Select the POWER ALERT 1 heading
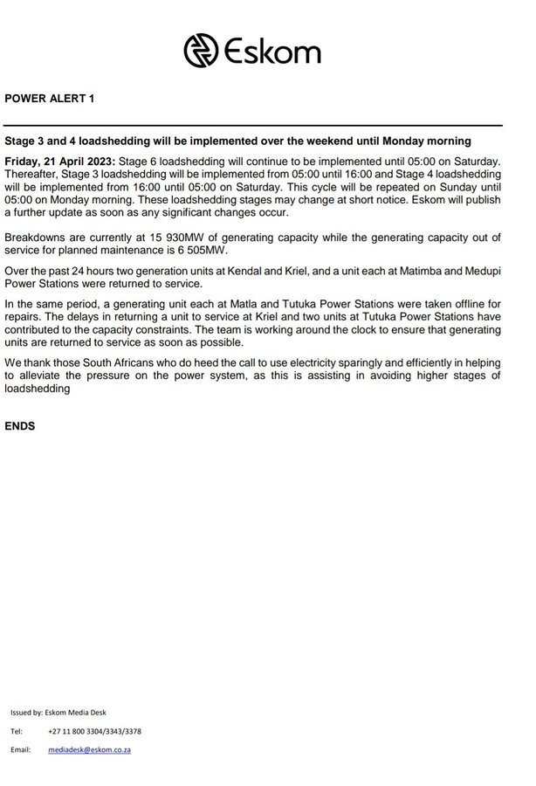click(49, 99)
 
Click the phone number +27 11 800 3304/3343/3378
click(95, 731)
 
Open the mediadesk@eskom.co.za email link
click(90, 749)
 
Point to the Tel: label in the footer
click(17, 731)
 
